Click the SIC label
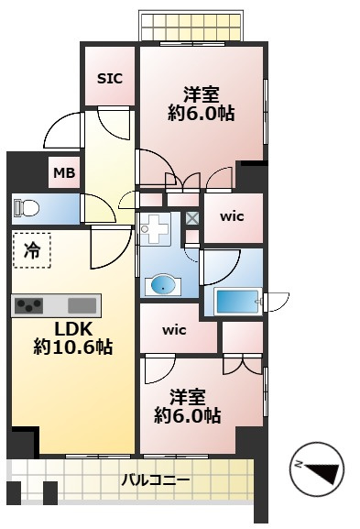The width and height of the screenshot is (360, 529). point(110,79)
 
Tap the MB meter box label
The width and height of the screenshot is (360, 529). point(64,173)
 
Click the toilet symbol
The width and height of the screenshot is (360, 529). point(27,207)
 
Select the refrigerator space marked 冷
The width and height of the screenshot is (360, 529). point(32,250)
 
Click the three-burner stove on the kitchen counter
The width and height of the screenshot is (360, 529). point(29,306)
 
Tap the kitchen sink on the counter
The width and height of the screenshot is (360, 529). point(82,305)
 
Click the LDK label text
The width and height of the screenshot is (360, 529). point(73,329)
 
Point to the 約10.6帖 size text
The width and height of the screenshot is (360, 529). point(73,347)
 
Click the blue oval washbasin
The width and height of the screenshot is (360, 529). point(163,285)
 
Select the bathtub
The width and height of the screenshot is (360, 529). point(236,301)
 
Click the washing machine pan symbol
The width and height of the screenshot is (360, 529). point(155,229)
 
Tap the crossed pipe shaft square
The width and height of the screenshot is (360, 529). point(192,218)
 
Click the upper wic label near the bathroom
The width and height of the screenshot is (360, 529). point(232,216)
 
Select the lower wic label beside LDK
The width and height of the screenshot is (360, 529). point(174,330)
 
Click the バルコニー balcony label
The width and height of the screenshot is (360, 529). point(156,479)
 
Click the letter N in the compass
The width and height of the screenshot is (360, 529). point(299,465)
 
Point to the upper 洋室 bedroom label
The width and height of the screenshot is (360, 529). point(202,94)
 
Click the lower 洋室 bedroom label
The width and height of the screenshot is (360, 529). point(188,397)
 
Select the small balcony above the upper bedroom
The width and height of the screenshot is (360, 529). point(191,26)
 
